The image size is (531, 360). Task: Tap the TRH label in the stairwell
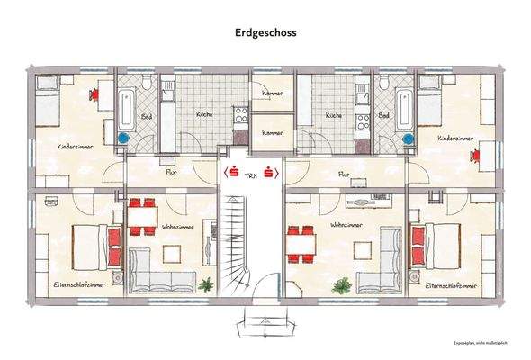(253, 172)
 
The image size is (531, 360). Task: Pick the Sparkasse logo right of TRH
(274, 172)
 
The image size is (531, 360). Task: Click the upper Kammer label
(271, 94)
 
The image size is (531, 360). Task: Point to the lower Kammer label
(271, 133)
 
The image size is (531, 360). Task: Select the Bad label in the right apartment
(384, 116)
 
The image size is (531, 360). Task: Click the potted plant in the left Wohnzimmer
(207, 285)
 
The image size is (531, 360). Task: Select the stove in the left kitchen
(240, 114)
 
